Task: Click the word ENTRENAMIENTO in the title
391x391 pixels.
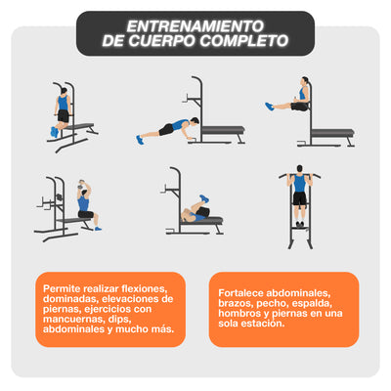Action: coord(195,24)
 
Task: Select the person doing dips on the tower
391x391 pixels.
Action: coord(64,109)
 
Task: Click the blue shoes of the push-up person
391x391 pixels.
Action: coord(140,140)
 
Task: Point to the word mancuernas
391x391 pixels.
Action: coord(78,321)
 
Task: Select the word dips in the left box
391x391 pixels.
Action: coord(127,321)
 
